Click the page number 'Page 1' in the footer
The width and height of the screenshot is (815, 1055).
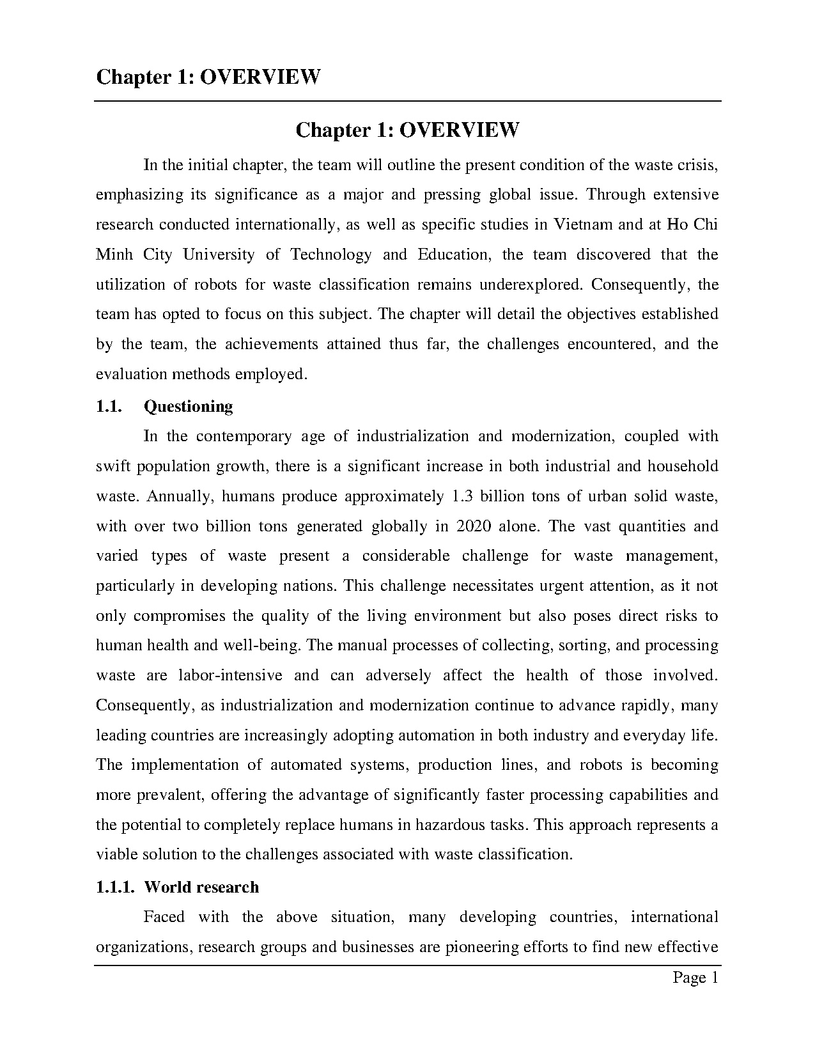(x=695, y=978)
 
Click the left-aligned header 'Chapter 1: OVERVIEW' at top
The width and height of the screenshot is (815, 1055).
(x=208, y=77)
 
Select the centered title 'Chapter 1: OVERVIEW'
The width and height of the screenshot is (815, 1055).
(x=407, y=130)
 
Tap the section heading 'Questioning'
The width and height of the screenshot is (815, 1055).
(x=189, y=407)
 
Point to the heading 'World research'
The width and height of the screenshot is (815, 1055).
(x=201, y=887)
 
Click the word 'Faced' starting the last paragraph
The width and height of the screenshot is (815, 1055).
(x=164, y=917)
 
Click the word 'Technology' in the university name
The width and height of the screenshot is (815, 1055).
(x=330, y=254)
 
